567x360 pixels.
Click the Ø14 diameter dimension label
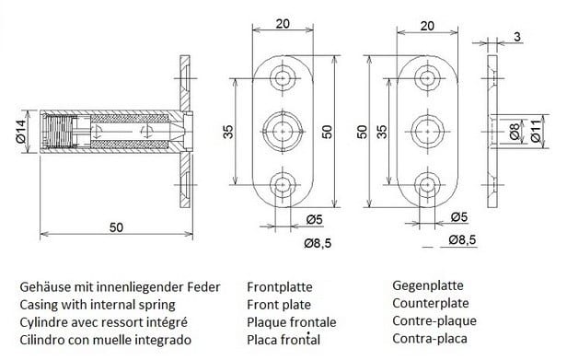[x=20, y=132]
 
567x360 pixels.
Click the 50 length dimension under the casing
[x=116, y=227]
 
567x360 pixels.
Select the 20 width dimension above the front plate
[x=283, y=24]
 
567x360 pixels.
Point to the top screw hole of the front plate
[x=283, y=78]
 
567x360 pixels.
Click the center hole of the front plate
[x=283, y=132]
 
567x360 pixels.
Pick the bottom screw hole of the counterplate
[x=427, y=185]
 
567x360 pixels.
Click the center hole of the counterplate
[x=427, y=132]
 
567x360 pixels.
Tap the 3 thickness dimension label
[x=518, y=37]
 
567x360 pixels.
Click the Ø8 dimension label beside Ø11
[x=515, y=132]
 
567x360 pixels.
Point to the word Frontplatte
[x=280, y=287]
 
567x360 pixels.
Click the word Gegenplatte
[x=428, y=285]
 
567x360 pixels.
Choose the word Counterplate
[x=431, y=303]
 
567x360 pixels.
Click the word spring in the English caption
[x=156, y=305]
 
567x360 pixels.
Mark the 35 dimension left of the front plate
[x=228, y=132]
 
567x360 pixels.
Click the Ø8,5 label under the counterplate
[x=462, y=240]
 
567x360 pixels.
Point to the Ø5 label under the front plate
[x=314, y=220]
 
